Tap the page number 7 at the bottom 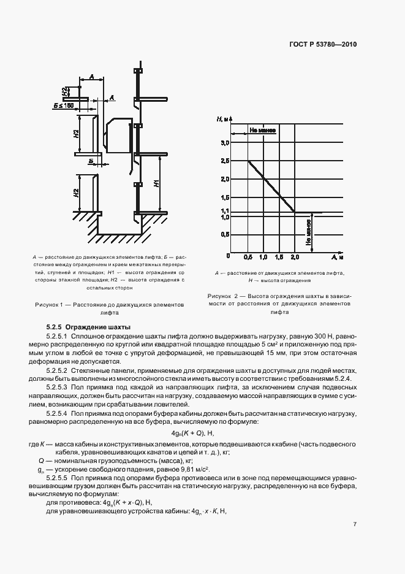tap(355, 525)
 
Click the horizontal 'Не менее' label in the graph tap(262, 131)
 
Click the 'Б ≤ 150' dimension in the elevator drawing tap(63, 105)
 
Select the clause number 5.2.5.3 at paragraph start tap(56, 388)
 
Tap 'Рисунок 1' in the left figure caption tap(51, 304)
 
